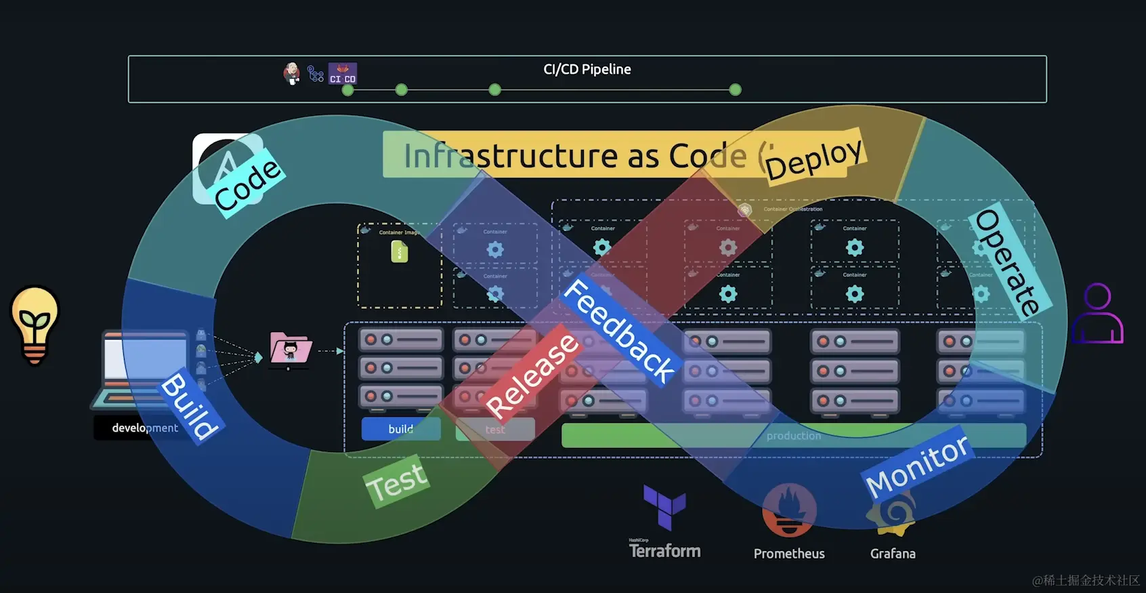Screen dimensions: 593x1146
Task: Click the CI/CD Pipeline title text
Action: tap(587, 69)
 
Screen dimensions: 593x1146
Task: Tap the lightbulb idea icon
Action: tap(35, 324)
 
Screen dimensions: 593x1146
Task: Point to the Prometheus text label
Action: tap(789, 554)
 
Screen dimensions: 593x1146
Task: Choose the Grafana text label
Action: tap(893, 554)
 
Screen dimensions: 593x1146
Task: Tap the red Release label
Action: tap(532, 375)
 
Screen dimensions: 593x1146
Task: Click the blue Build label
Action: tap(190, 405)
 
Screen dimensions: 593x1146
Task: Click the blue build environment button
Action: tap(400, 429)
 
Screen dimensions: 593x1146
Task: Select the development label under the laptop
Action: tap(144, 428)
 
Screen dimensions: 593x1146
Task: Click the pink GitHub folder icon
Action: tap(290, 348)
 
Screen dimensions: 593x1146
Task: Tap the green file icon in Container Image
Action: tap(400, 252)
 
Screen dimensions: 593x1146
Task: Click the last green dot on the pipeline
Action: tap(735, 89)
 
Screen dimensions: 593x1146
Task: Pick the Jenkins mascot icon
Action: tap(292, 73)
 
